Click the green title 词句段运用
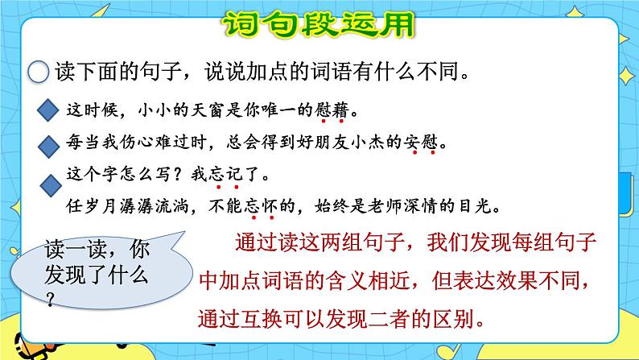tap(319, 24)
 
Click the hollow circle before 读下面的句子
tap(38, 72)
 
